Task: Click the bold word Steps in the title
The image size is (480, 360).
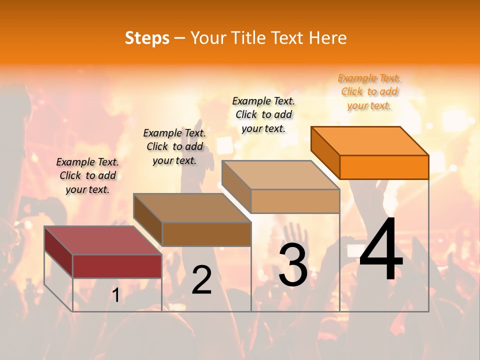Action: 147,38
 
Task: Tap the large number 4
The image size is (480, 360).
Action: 381,249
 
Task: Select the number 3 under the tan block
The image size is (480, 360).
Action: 293,265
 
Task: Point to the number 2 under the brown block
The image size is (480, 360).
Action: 202,280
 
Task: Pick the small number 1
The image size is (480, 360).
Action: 115,295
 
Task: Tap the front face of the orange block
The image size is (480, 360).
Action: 384,167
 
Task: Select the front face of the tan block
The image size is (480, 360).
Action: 295,201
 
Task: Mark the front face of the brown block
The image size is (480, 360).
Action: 206,234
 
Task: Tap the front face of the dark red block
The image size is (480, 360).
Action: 117,266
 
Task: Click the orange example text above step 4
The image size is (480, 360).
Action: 369,91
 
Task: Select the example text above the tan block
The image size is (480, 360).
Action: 264,114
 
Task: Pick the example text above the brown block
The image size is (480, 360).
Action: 174,146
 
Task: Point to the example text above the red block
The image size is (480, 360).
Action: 87,175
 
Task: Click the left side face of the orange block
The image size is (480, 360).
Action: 325,152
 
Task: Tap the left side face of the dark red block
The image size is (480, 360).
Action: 58,251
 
